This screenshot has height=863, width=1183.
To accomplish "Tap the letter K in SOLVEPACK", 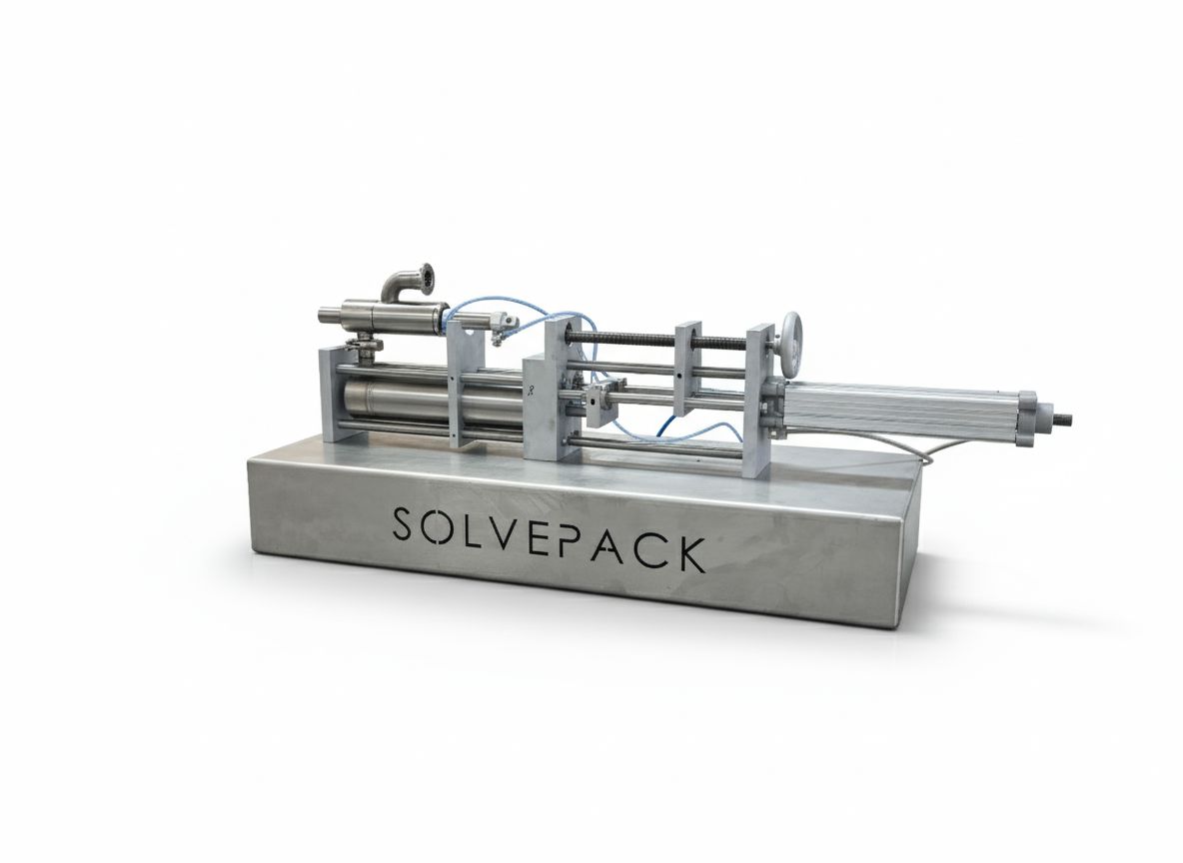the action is pyautogui.click(x=688, y=554).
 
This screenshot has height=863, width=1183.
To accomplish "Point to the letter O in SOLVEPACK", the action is pyautogui.click(x=440, y=526).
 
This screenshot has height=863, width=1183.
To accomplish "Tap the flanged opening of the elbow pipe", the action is pyautogui.click(x=427, y=279).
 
